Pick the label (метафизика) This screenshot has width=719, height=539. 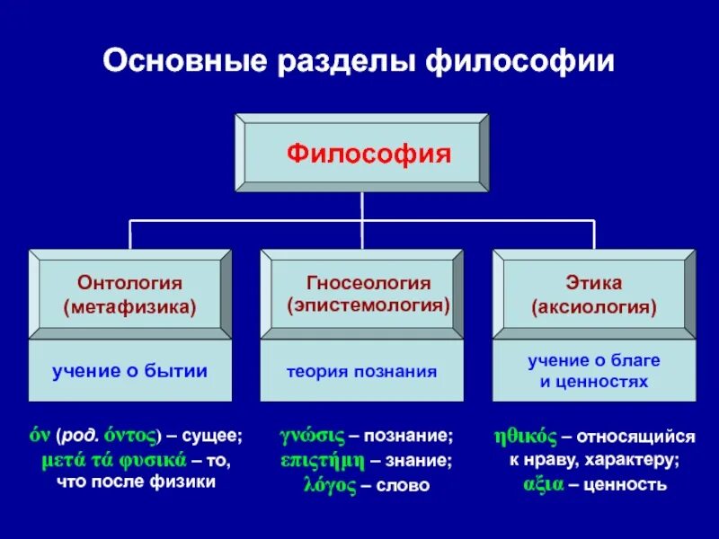130,307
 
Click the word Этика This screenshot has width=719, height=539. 594,284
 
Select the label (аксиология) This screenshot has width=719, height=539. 594,307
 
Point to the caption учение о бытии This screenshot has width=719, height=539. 129,370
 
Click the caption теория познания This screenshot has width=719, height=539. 362,370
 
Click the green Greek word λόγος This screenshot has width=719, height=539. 333,486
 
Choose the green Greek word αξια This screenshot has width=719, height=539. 543,486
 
